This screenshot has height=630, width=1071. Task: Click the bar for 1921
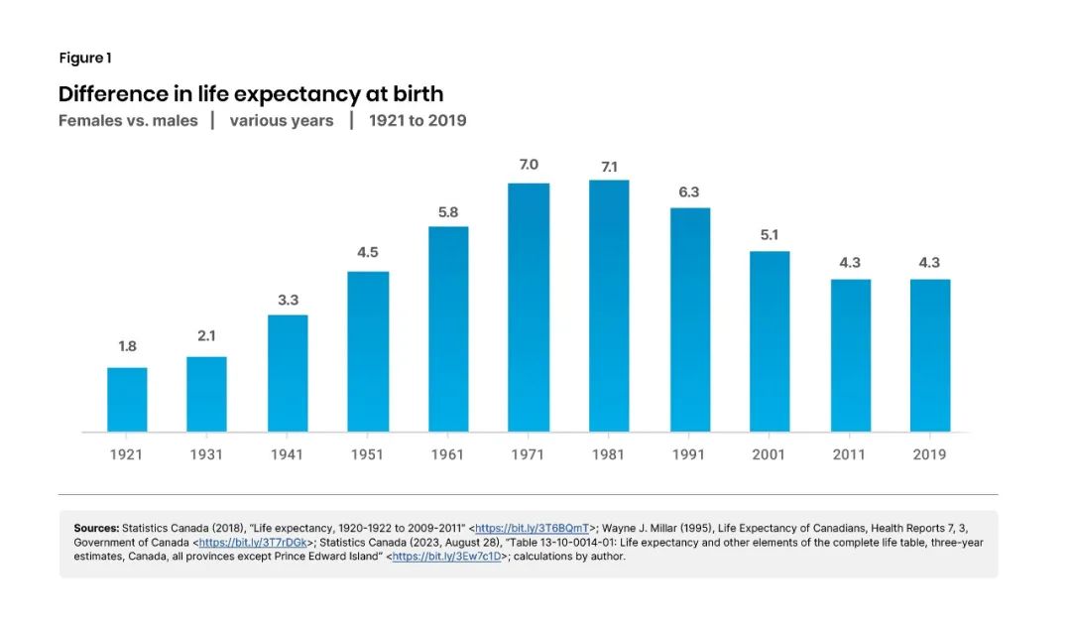tap(127, 400)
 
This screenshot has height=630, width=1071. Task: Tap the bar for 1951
tap(368, 351)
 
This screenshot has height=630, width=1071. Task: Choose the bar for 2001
tap(770, 341)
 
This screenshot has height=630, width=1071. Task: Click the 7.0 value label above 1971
tap(529, 165)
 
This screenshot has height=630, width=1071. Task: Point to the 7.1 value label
tap(609, 166)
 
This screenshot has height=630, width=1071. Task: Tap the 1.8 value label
tap(127, 346)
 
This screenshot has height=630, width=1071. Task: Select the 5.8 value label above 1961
tap(448, 211)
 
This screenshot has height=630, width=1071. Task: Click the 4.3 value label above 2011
tap(850, 263)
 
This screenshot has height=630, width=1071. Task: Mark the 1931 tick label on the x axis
tap(206, 454)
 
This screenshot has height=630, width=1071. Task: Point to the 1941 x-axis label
tap(288, 454)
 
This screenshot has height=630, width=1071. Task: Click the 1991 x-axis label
tap(689, 454)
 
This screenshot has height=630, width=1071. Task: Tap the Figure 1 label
tap(84, 58)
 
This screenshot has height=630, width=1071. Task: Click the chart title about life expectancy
tap(251, 94)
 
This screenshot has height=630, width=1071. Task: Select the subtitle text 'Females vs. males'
tap(128, 121)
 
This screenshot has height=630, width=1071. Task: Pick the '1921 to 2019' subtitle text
tap(417, 121)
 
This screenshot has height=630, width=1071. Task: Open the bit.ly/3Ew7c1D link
tap(446, 557)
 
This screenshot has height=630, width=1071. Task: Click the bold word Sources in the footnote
tap(96, 528)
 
